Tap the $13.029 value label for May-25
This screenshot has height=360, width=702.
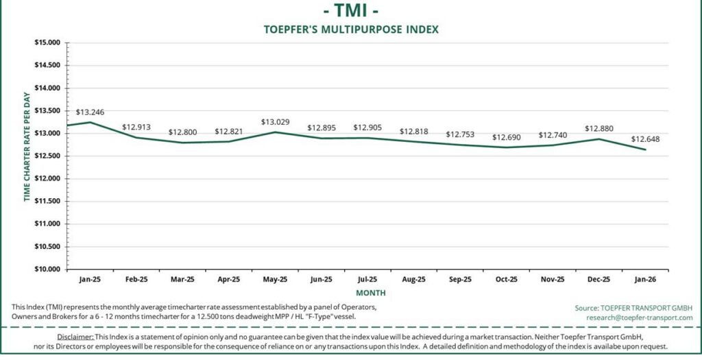(275, 122)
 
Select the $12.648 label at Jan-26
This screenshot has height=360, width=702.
(645, 140)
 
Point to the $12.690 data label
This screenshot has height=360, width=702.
(506, 138)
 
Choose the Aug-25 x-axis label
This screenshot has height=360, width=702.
(413, 279)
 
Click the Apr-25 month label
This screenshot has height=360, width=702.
(228, 279)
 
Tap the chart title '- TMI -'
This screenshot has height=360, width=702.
(350, 11)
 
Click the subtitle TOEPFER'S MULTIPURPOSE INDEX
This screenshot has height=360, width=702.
(350, 29)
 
